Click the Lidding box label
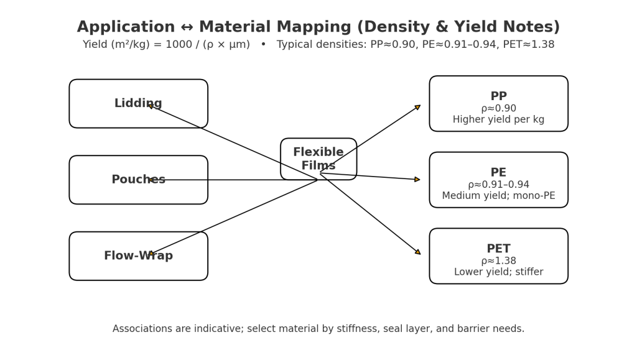(x=138, y=104)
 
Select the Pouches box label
(x=138, y=180)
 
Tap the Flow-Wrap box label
(x=138, y=256)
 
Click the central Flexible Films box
(x=318, y=159)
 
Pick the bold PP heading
(x=498, y=96)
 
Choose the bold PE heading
(x=498, y=173)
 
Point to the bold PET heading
(x=498, y=249)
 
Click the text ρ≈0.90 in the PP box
(x=498, y=108)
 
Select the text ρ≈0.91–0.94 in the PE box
(x=498, y=185)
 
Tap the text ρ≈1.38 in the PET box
(x=498, y=261)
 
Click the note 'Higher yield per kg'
(x=498, y=120)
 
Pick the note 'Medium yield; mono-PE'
(x=498, y=196)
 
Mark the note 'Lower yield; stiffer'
(x=498, y=272)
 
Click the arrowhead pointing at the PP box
(x=417, y=108)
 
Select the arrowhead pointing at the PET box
(x=417, y=252)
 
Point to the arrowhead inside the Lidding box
(x=151, y=106)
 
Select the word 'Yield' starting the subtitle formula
(x=96, y=45)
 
